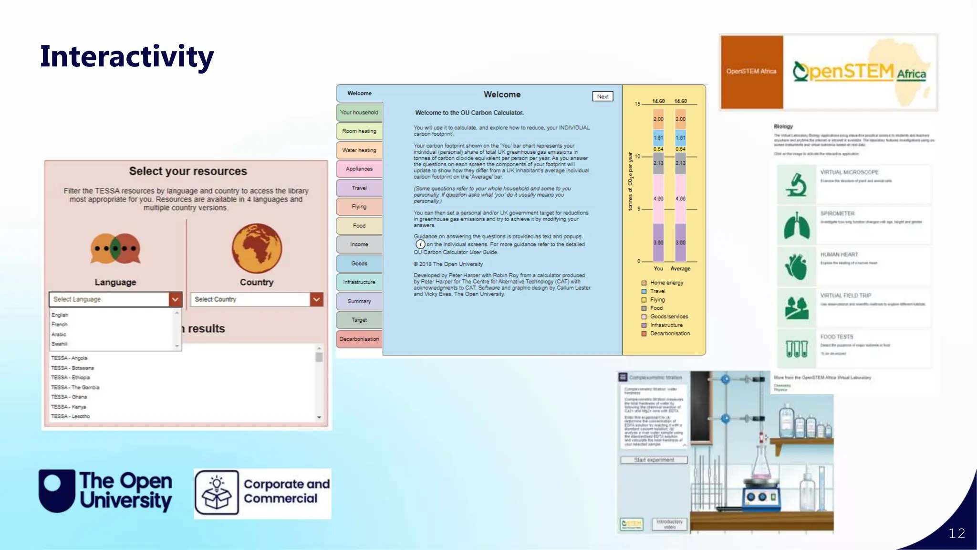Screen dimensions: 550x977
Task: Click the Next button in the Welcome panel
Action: (603, 96)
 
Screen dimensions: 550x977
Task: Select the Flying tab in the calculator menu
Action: (359, 207)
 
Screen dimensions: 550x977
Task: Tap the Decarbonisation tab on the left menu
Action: (359, 339)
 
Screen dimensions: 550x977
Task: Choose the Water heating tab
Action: (359, 150)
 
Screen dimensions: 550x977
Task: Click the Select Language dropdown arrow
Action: (175, 299)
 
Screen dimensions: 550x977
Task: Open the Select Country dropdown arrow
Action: (316, 299)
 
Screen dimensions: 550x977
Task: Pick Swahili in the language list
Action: (60, 344)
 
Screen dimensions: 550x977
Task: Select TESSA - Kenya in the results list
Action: (69, 407)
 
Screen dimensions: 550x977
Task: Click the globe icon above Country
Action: (257, 248)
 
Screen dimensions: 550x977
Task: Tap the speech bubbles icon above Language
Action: (115, 248)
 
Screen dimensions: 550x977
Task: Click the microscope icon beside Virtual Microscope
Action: (796, 185)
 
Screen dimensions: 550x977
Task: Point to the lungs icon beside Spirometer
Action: (796, 226)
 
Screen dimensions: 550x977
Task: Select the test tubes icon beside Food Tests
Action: (796, 349)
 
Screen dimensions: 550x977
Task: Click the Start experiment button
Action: (654, 460)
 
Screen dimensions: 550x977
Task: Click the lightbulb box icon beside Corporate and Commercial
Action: (217, 493)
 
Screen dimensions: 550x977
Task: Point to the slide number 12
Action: (956, 533)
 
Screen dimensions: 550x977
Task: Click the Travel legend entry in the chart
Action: (657, 291)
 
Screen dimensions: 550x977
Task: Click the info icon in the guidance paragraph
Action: (420, 244)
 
